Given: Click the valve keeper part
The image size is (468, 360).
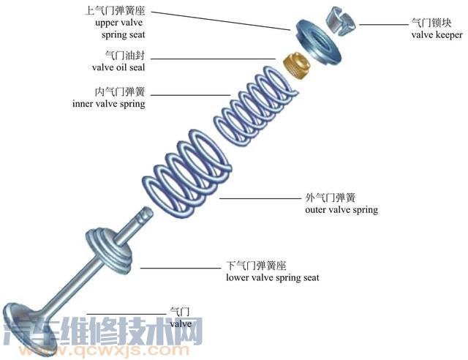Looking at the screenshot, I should pos(341,22).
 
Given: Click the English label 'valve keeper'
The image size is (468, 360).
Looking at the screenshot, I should pos(437,34).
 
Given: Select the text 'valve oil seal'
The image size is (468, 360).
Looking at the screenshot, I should pos(118,67).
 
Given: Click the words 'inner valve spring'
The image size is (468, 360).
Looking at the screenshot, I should pos(109,104).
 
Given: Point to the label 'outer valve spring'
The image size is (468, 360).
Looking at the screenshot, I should pos(341,210).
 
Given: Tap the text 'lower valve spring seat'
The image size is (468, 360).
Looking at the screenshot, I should pos(272,277).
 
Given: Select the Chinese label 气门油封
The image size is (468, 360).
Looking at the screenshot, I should pos(125,55).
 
